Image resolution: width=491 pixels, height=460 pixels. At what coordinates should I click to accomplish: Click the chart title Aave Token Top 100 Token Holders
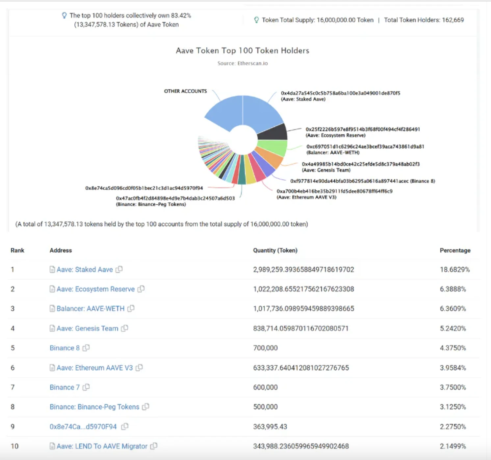243,51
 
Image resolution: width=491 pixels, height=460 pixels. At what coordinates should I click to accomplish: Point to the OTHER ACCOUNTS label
186,91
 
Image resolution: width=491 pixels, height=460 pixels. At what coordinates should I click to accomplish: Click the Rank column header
17,250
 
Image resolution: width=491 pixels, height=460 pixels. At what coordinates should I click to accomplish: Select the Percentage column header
455,250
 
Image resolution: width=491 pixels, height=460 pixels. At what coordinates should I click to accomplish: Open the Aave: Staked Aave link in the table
85,270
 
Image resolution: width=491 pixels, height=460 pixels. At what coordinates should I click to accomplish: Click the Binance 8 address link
65,348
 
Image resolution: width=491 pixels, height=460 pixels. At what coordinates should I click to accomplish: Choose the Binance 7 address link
65,387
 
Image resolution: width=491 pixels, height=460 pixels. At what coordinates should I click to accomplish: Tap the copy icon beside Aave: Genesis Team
124,328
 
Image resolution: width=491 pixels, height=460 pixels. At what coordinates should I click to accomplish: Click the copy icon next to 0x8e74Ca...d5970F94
125,426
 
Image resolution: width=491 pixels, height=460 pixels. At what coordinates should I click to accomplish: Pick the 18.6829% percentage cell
454,270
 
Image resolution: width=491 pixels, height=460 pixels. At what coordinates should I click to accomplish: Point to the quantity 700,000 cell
265,348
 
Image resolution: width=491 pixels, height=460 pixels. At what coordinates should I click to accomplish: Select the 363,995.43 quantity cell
270,426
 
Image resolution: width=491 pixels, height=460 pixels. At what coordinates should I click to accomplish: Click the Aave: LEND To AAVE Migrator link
102,446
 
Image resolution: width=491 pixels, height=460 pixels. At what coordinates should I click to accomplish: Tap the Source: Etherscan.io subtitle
243,63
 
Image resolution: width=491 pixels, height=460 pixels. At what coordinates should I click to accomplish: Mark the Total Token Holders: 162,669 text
424,20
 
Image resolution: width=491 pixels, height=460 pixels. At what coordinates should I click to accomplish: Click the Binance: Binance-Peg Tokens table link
94,407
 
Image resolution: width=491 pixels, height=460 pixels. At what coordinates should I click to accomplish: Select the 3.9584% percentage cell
453,368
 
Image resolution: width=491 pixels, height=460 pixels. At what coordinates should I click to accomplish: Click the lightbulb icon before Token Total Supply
256,20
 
